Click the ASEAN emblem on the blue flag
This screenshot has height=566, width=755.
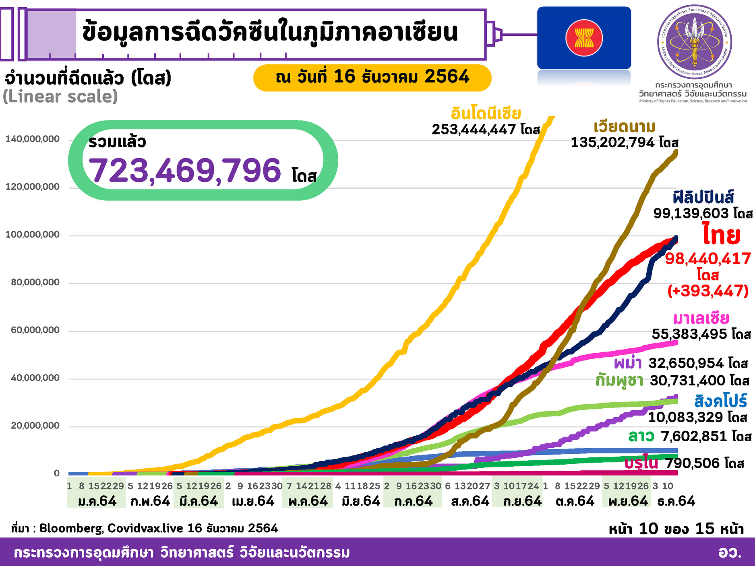584,38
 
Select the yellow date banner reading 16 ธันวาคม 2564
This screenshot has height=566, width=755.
372,77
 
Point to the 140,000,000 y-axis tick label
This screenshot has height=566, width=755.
32,139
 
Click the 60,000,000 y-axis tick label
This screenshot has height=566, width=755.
35,330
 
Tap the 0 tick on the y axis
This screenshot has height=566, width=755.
57,473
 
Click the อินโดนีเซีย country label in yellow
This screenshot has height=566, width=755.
486,113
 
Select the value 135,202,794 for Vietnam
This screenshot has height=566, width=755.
612,142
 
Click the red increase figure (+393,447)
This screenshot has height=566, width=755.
707,290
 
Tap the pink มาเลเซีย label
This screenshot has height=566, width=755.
701,318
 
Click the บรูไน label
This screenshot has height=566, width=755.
641,463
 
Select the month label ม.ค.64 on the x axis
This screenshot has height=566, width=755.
97,501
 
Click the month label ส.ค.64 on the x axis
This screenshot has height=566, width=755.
470,501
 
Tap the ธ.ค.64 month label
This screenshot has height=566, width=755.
676,501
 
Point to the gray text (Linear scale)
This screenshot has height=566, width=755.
60,97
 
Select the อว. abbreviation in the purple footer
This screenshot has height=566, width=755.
729,552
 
